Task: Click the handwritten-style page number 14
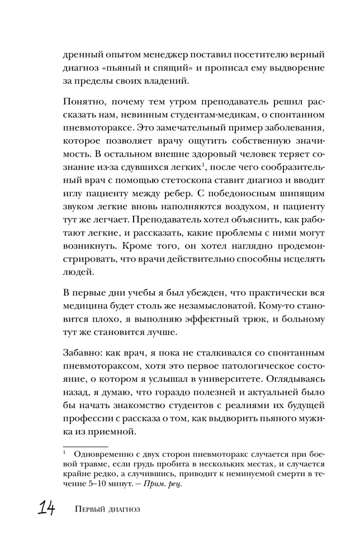(46, 509)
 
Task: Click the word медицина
(84, 307)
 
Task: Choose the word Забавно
(82, 353)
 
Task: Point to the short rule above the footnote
(86, 447)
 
